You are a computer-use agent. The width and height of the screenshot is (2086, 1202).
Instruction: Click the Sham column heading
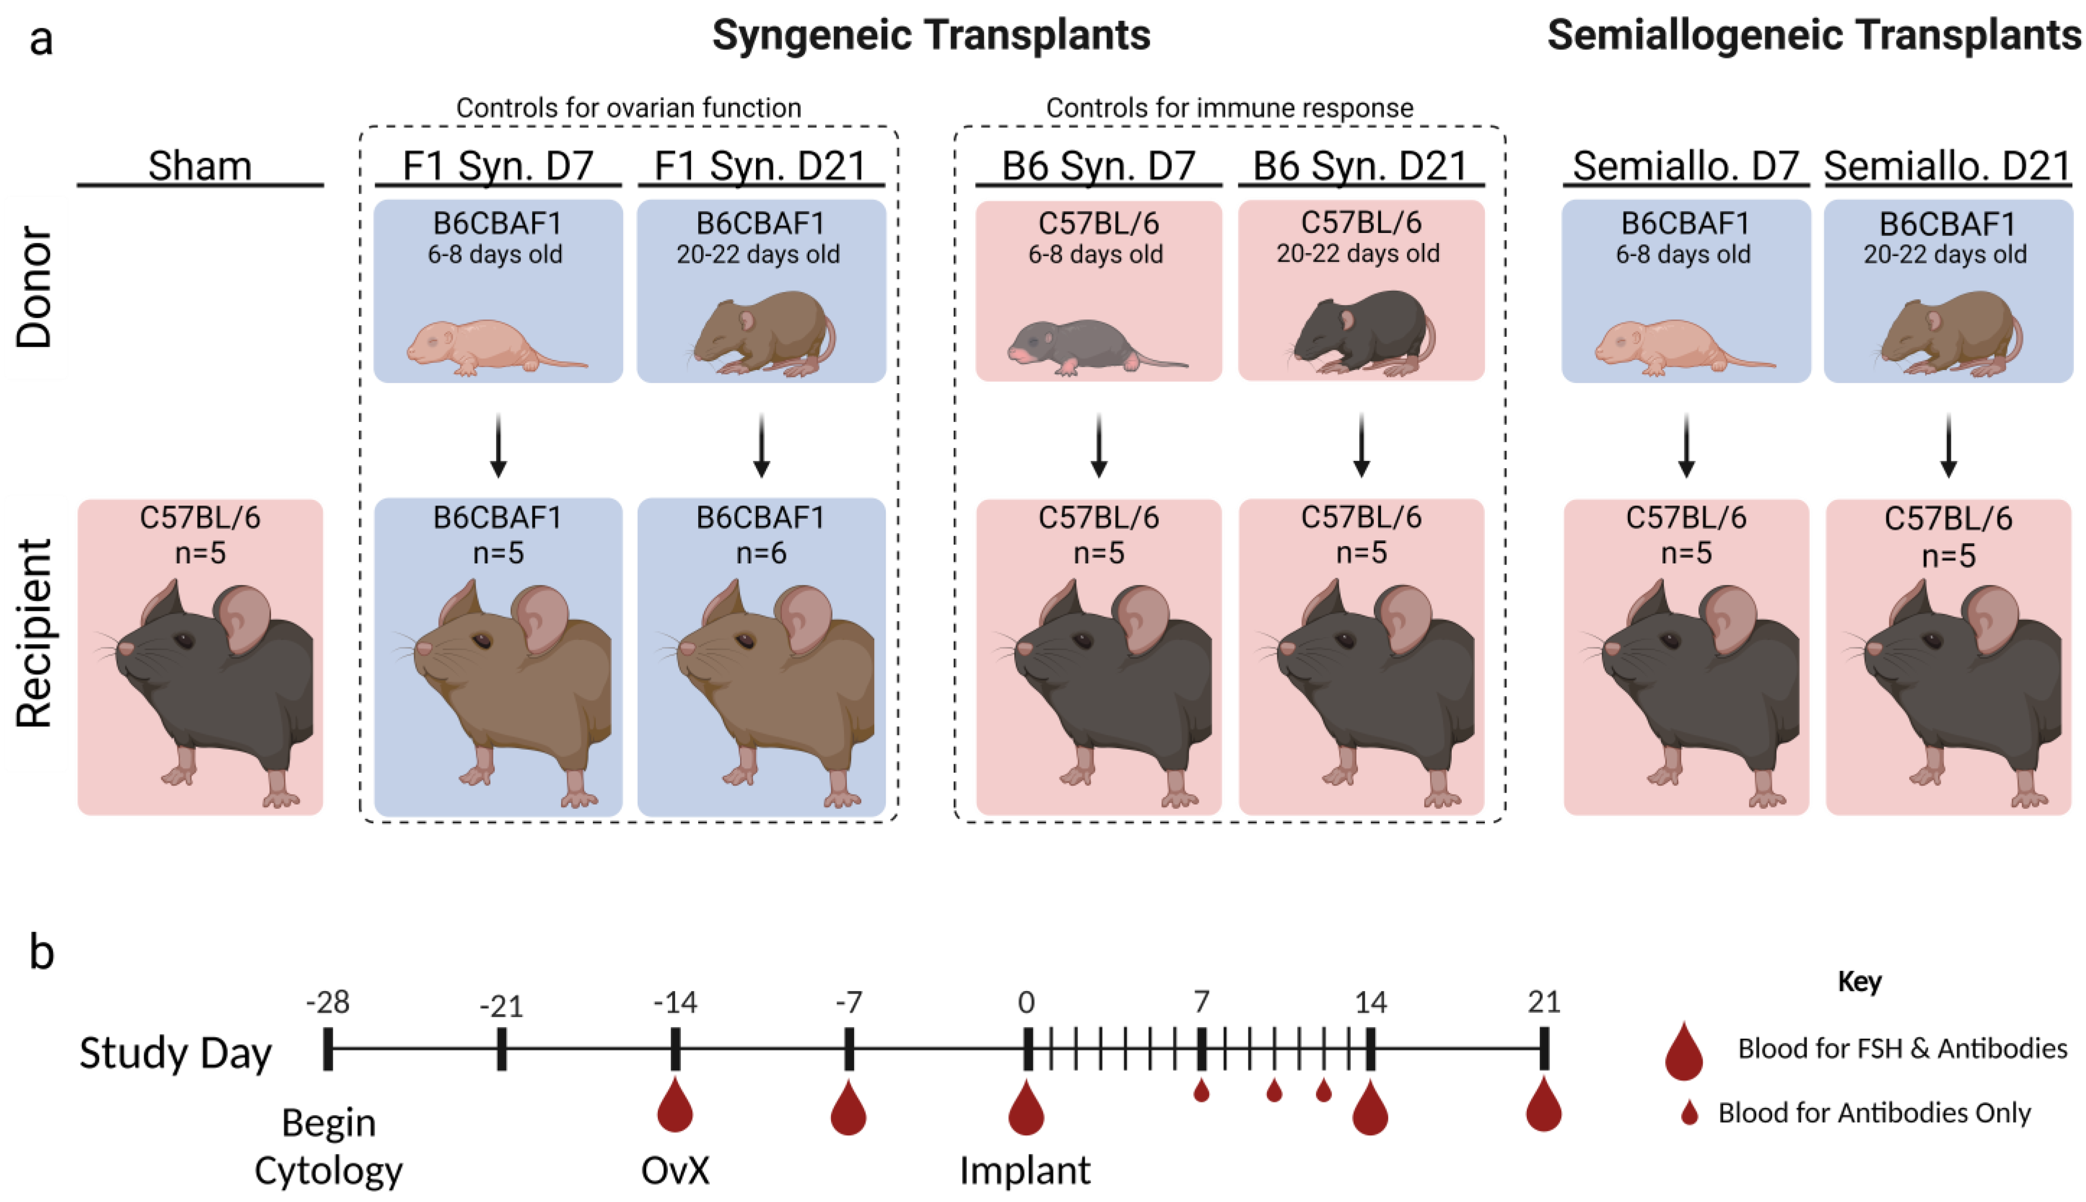tap(200, 166)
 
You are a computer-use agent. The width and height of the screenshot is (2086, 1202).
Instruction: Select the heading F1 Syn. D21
tap(760, 166)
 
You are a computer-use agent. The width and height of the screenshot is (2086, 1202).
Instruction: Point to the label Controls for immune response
tap(1229, 108)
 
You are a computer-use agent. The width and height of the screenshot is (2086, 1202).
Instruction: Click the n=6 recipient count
tap(761, 552)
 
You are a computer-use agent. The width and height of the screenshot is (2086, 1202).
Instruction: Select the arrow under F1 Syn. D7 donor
tap(498, 446)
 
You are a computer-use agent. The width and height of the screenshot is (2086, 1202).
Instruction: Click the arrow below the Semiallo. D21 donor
tap(1948, 446)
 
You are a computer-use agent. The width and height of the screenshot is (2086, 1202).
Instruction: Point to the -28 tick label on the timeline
tap(328, 1002)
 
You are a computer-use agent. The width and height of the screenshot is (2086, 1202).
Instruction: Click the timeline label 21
tap(1544, 1002)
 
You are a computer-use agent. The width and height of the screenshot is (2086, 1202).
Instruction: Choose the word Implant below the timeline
tap(1025, 1170)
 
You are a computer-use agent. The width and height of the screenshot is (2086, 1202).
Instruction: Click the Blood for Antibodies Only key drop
tap(1690, 1113)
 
